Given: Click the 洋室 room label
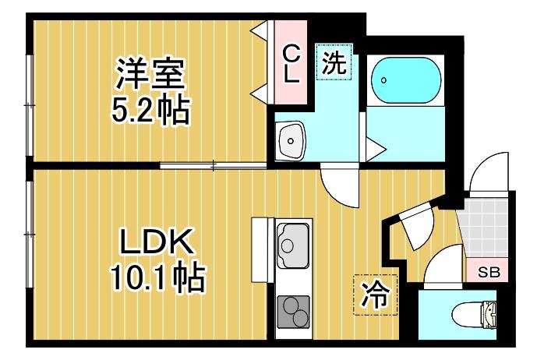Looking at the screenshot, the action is click(150, 74).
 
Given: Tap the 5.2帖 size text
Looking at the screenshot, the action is click(150, 111).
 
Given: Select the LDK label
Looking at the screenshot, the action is click(155, 242).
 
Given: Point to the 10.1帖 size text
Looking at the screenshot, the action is click(157, 278).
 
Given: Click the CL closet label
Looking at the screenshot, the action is click(291, 65).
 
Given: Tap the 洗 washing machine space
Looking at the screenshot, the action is click(334, 62).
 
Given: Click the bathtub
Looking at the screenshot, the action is click(406, 80).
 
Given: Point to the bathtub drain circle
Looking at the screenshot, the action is click(383, 80).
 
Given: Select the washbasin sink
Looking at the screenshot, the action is click(291, 140).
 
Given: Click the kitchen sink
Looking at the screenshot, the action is click(293, 245).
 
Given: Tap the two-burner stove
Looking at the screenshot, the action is click(294, 312).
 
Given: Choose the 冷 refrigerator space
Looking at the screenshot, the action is click(376, 295).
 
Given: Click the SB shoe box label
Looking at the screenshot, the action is click(489, 273).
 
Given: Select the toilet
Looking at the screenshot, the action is click(475, 314).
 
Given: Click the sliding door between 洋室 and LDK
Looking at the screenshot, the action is click(213, 166).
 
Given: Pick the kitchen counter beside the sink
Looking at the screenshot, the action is click(263, 250).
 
